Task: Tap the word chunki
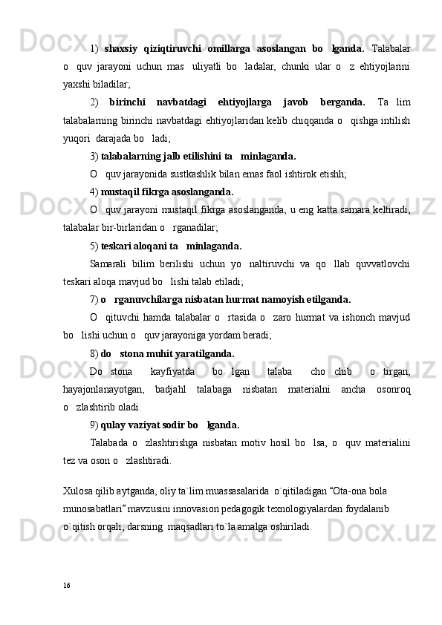pos(285,67)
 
